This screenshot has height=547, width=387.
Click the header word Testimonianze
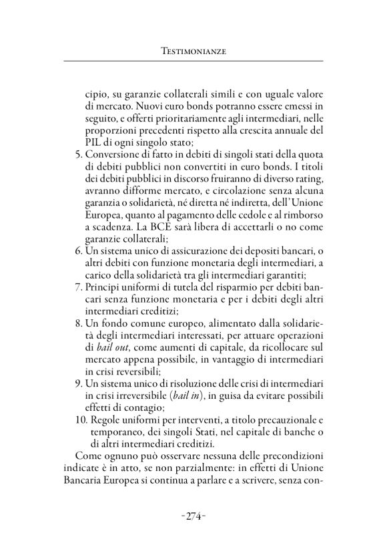click(193, 50)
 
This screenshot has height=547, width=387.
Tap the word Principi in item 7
click(104, 305)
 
